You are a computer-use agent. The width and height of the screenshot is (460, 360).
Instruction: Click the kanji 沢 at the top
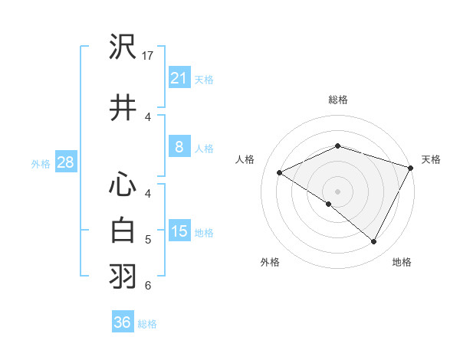tap(123, 47)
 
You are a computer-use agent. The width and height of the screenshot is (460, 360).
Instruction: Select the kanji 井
tap(123, 108)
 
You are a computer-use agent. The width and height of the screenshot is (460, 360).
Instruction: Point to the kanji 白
tap(123, 230)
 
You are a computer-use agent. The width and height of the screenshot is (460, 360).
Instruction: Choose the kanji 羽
tap(123, 277)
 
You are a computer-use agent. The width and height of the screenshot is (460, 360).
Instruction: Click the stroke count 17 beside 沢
tap(149, 56)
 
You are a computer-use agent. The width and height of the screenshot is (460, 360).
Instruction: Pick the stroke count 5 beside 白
tap(148, 240)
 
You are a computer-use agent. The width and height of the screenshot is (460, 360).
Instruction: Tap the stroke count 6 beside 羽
tap(148, 286)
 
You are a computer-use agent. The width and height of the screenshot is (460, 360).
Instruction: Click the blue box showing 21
tap(179, 77)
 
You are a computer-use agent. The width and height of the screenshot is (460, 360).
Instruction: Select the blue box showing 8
tap(179, 147)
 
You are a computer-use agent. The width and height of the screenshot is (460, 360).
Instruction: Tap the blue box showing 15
tap(179, 231)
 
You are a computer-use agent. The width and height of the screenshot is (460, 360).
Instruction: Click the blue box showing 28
tap(65, 162)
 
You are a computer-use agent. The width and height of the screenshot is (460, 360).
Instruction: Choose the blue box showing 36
tap(123, 322)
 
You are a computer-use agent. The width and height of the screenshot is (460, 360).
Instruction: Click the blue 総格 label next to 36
tap(147, 324)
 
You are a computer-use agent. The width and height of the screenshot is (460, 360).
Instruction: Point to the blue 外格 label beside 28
tap(41, 163)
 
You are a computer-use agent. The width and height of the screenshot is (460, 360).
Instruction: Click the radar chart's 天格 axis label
tap(431, 159)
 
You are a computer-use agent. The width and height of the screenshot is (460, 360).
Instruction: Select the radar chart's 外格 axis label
tap(270, 262)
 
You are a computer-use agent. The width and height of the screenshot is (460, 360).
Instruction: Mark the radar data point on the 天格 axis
tap(411, 167)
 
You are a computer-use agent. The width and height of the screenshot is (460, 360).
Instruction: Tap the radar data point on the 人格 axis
tap(280, 172)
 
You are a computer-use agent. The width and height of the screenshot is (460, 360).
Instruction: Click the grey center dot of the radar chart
tap(337, 191)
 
